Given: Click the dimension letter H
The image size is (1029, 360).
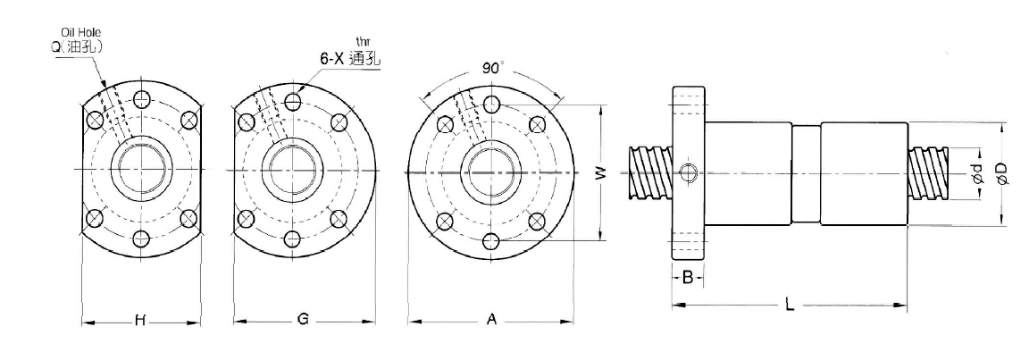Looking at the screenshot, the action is pyautogui.click(x=139, y=321).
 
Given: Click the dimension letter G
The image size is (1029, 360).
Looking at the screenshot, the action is pyautogui.click(x=303, y=320).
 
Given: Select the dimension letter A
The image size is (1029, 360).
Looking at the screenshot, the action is pyautogui.click(x=490, y=320).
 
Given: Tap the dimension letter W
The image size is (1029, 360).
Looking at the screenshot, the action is pyautogui.click(x=600, y=172).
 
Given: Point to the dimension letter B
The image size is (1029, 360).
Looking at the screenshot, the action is pyautogui.click(x=688, y=278).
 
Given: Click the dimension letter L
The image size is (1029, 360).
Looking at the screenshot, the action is pyautogui.click(x=790, y=305).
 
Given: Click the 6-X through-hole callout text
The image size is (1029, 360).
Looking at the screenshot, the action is pyautogui.click(x=349, y=59).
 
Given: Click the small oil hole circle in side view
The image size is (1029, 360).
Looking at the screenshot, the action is pyautogui.click(x=689, y=172).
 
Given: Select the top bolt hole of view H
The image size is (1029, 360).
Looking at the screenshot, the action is pyautogui.click(x=141, y=99).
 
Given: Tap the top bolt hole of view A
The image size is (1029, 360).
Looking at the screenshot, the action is pyautogui.click(x=491, y=105).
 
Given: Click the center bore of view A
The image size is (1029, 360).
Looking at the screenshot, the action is pyautogui.click(x=491, y=172).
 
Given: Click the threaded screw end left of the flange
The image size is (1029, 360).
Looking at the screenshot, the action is pyautogui.click(x=650, y=173).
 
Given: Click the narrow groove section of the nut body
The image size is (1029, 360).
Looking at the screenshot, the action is pyautogui.click(x=806, y=173).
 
